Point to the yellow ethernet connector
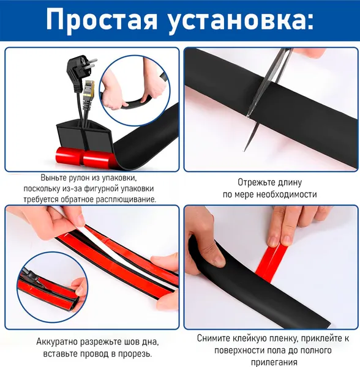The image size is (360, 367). click(88, 90)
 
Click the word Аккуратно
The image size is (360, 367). click(57, 342)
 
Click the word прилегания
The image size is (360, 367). click(274, 362)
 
